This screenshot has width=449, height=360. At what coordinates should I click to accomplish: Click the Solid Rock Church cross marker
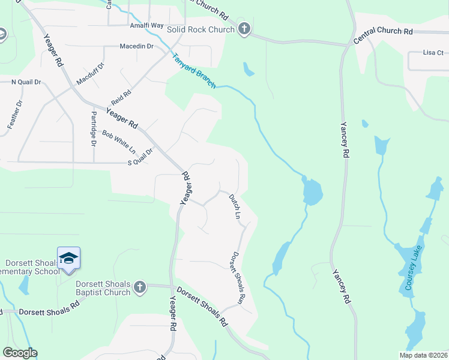point(244,28)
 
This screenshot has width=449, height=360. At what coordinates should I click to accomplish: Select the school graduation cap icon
point(68,258)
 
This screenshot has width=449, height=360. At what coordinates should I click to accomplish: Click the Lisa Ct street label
point(432,53)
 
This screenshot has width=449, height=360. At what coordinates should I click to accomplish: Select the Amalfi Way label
point(146,26)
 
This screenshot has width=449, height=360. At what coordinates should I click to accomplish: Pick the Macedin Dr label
point(137,46)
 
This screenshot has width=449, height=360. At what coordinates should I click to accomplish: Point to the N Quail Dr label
point(26,82)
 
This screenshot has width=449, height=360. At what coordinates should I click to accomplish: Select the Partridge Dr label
point(94,128)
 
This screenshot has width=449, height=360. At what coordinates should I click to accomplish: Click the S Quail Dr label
point(140,157)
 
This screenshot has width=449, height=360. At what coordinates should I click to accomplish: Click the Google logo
point(20,353)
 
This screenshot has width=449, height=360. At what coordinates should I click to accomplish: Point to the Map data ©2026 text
point(423,355)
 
